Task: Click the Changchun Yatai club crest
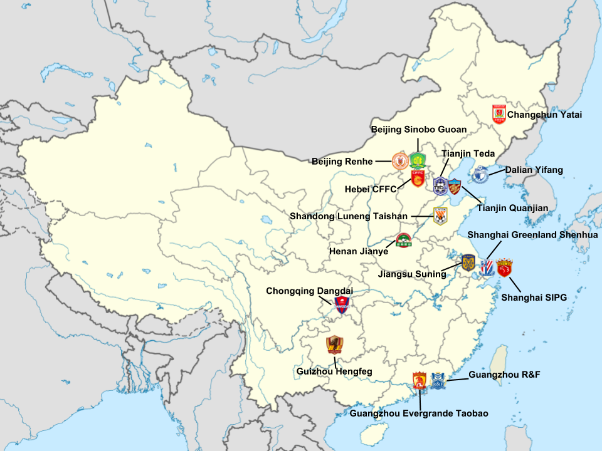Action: (499, 114)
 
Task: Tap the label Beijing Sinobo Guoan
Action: (419, 130)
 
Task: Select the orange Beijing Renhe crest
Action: (399, 161)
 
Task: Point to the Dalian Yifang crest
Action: (481, 174)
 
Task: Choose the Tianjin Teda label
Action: (468, 153)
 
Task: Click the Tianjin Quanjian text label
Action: (512, 208)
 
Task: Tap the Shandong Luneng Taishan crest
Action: (441, 216)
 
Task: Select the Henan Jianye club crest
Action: (403, 241)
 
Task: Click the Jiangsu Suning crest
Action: (468, 262)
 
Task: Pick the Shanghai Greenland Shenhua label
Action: (532, 235)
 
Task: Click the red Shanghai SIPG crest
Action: (504, 268)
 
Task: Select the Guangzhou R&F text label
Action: (504, 375)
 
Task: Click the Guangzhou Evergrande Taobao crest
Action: (420, 380)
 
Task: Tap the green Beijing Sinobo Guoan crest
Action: (417, 161)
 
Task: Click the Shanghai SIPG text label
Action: (534, 298)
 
